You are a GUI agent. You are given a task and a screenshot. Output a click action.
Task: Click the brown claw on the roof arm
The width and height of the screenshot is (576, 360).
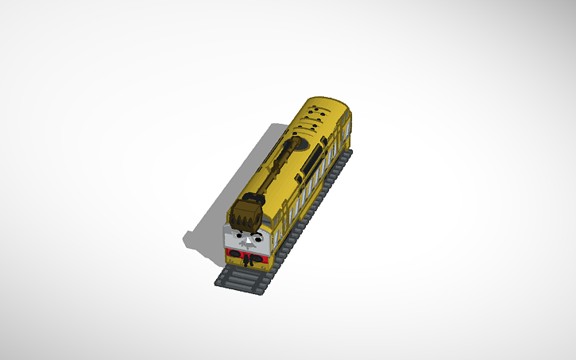245,214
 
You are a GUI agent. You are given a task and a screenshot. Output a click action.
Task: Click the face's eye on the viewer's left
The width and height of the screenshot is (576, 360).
240,235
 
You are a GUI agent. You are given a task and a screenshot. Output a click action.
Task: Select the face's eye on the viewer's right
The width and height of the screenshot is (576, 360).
257,237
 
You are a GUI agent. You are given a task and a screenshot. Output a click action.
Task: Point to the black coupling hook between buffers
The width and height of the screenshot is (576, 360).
247,259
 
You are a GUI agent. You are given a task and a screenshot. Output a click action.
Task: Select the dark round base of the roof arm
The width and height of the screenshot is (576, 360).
298,143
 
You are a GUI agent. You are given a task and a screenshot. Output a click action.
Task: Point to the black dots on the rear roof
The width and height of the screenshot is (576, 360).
319,116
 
